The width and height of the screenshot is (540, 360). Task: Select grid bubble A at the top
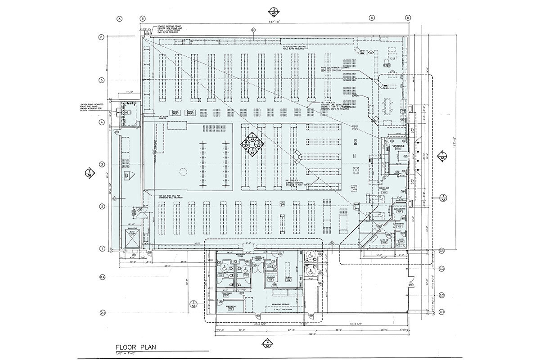pos(120,18)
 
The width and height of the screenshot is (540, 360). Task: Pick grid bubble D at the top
pos(408,18)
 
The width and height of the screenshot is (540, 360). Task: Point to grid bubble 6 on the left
pos(102,37)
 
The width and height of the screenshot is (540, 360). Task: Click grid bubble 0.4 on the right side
pos(441,250)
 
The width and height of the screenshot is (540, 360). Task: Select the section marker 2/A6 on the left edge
pos(90,173)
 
